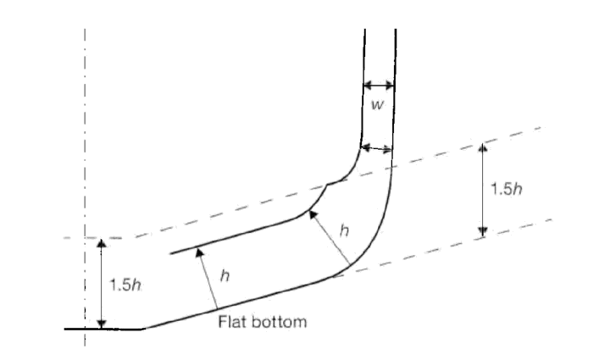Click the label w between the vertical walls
377,104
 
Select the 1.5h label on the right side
506,189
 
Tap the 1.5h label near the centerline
125,285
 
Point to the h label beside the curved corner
344,230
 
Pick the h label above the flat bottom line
225,275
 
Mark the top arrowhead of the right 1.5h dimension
483,147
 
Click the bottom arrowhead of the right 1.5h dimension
483,232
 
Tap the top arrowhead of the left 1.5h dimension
102,244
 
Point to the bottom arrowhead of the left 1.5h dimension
102,324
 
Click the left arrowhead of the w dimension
368,86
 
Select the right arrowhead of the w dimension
390,86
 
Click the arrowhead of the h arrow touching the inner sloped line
200,252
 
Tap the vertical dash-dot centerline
85,186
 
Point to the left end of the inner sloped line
170,254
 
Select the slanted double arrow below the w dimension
376,148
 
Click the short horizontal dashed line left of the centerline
73,237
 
